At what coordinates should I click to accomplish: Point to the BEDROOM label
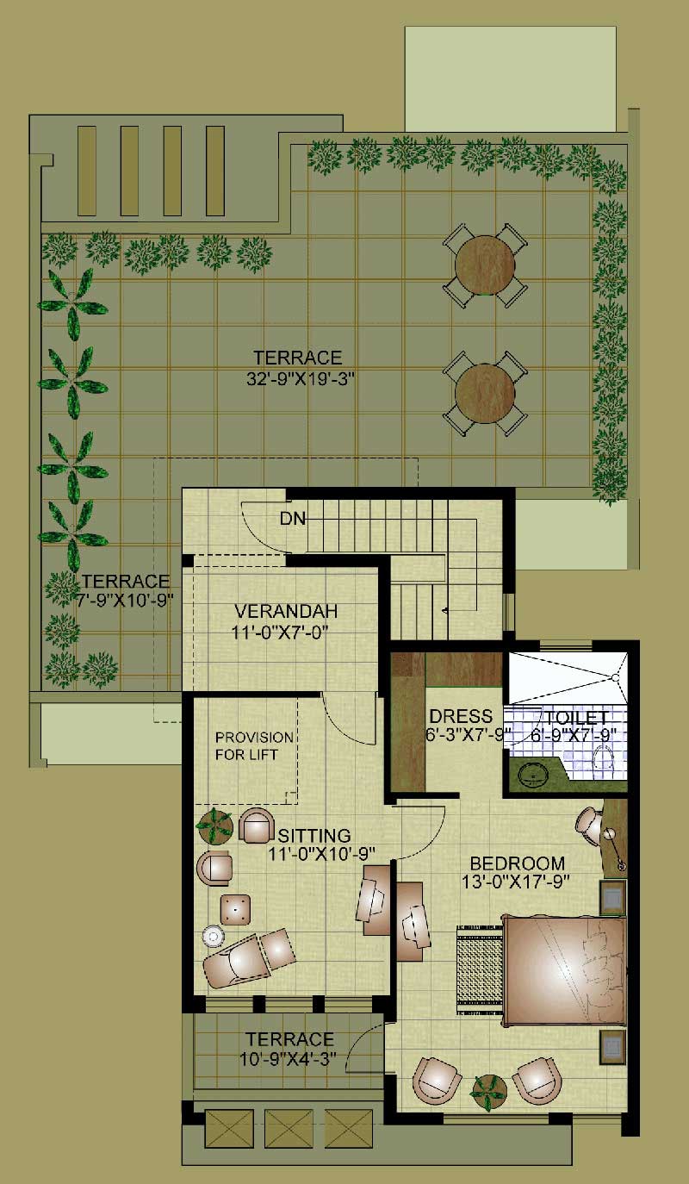pos(517,863)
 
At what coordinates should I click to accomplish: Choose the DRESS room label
pos(461,717)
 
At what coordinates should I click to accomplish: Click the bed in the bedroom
pos(564,970)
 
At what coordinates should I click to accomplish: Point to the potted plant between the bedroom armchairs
pos(488,1091)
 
